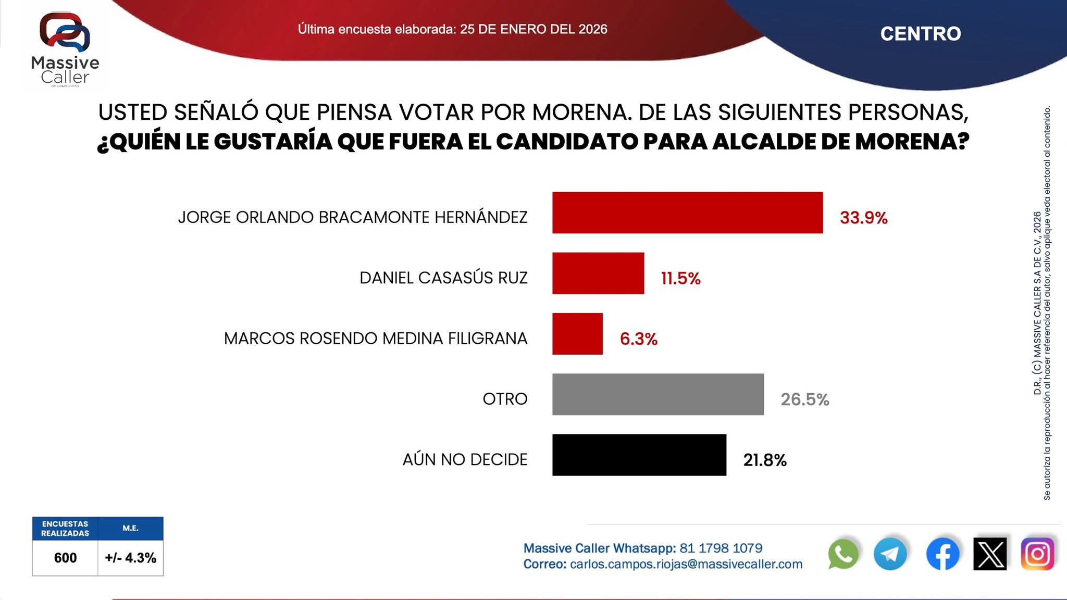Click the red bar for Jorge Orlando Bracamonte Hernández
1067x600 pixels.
687,213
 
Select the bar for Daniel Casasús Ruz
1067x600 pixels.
598,273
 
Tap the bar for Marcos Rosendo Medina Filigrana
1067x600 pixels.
577,334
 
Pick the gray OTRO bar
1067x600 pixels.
657,394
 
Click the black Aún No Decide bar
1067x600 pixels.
639,455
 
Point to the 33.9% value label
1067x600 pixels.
863,218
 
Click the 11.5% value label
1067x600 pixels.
680,279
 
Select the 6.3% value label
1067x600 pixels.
638,339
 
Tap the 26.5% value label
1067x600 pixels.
804,399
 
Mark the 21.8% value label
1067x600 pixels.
764,460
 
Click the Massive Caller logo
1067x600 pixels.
65,49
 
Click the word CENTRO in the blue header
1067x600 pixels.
920,34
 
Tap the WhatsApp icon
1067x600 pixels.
842,554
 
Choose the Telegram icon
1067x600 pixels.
890,554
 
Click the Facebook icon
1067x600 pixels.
942,554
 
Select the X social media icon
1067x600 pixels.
989,554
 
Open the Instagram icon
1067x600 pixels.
1037,554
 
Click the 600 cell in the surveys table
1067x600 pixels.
65,558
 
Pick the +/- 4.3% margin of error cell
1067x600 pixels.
130,558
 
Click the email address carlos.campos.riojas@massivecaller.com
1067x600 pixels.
686,564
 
